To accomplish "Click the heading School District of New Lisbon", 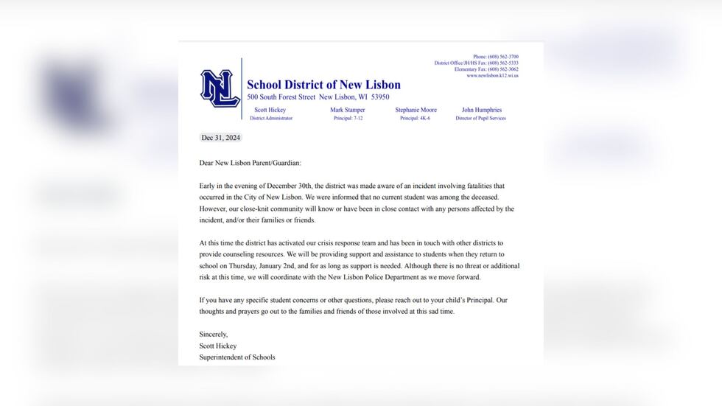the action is [x=323, y=85].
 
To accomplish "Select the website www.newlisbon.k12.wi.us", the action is [x=492, y=76].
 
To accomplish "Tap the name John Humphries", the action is [x=481, y=110].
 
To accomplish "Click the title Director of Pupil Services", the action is [x=481, y=118].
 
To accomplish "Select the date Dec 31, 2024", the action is [x=221, y=138].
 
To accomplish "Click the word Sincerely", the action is [x=214, y=334].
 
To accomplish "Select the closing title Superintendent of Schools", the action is [x=237, y=357].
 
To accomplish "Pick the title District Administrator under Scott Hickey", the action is [x=271, y=118].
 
